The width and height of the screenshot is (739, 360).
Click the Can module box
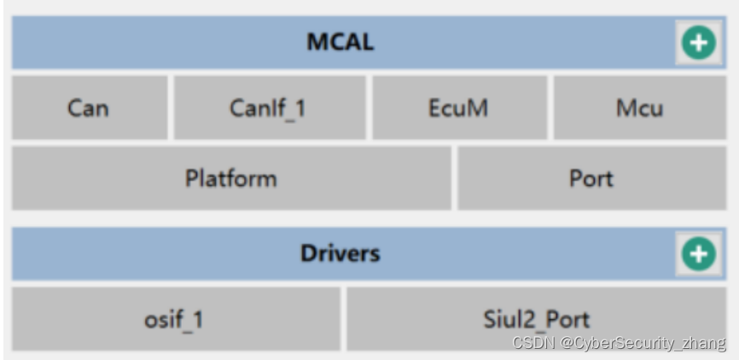pos(90,107)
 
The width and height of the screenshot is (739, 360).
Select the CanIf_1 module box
pos(270,107)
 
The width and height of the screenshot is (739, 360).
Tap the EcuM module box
pos(459,107)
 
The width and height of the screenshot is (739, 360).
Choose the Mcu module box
pos(639,107)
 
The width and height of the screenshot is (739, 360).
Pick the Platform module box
pos(230,178)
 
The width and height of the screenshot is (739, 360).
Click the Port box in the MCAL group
pos(591,178)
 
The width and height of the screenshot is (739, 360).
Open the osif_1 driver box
pos(175,319)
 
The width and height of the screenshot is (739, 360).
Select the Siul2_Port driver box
pos(536,319)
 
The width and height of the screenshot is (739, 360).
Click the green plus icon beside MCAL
pos(698,43)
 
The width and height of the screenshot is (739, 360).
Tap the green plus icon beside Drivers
pos(698,253)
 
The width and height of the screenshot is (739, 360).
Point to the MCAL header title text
pos(340,42)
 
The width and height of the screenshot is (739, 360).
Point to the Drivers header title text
pos(340,253)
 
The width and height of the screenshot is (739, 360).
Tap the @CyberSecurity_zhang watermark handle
pos(643,343)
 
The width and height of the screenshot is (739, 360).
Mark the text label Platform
pos(230,178)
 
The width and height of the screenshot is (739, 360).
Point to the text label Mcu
pos(639,108)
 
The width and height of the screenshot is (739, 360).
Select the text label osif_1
pos(174,320)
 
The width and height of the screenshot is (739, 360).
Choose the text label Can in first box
pos(88,108)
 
